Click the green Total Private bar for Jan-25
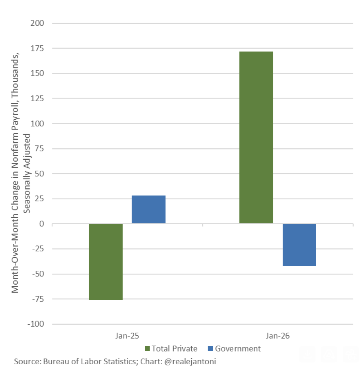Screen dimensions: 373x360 click(x=106, y=262)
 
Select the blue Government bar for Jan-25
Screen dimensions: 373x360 click(x=148, y=210)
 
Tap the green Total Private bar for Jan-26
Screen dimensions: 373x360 click(x=256, y=137)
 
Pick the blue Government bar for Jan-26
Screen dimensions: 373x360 click(x=299, y=245)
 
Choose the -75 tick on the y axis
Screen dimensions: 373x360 click(x=38, y=299)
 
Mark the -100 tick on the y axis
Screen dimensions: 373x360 click(x=36, y=324)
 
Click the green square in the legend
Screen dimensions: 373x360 click(x=147, y=348)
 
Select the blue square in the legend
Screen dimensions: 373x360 click(x=210, y=348)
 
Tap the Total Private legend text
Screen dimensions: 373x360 click(x=174, y=348)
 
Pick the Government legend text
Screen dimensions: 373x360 click(x=238, y=348)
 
